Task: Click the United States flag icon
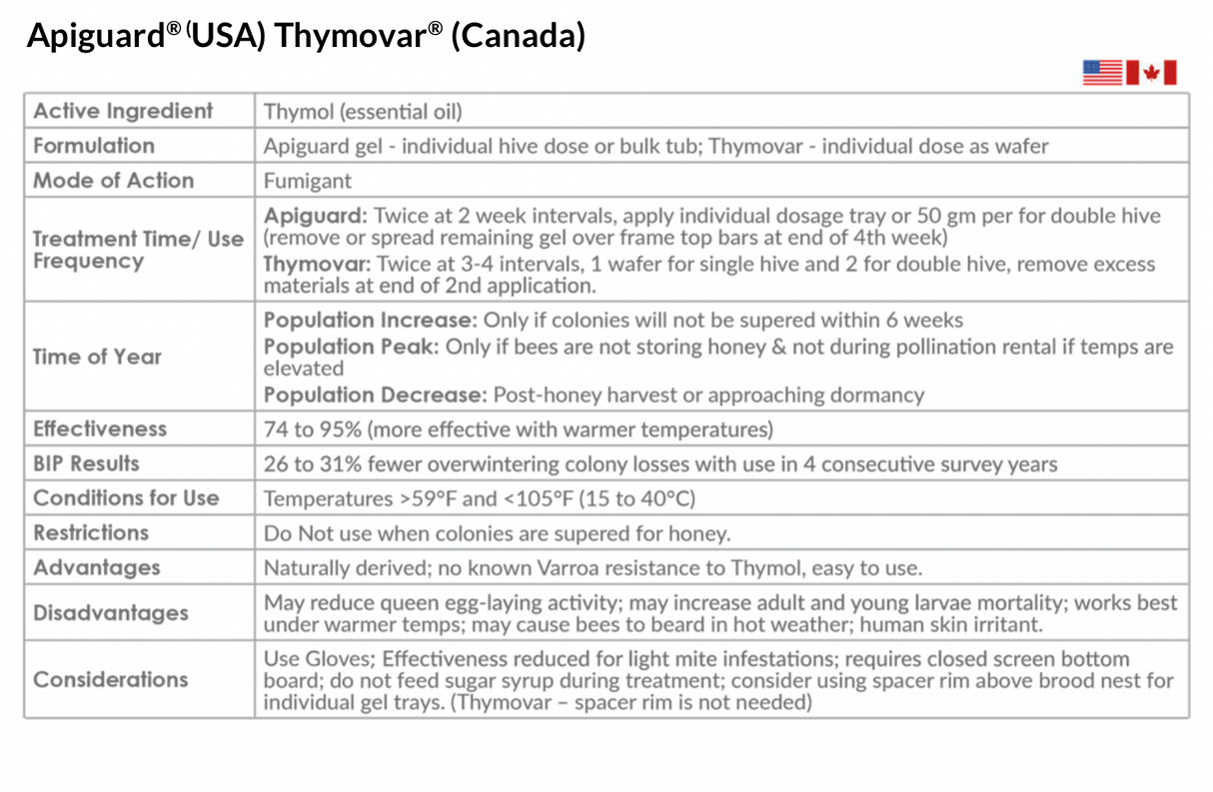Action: (1102, 73)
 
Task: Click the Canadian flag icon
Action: (1151, 73)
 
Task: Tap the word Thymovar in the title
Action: (358, 35)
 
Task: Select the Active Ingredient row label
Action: (123, 111)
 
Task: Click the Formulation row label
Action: (94, 146)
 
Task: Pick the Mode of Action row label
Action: (113, 181)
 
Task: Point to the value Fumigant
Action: (309, 182)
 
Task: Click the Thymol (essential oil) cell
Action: (363, 112)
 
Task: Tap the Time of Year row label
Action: (97, 357)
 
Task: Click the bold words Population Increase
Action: (370, 321)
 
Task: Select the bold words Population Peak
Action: (351, 347)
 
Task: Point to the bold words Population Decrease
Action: (375, 395)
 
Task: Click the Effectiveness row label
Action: (100, 428)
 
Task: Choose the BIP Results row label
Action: (86, 463)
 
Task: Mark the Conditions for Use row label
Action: (126, 497)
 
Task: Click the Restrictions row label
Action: (91, 532)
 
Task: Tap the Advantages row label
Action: (96, 567)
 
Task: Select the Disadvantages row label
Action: (110, 612)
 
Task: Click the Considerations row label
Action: (110, 679)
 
